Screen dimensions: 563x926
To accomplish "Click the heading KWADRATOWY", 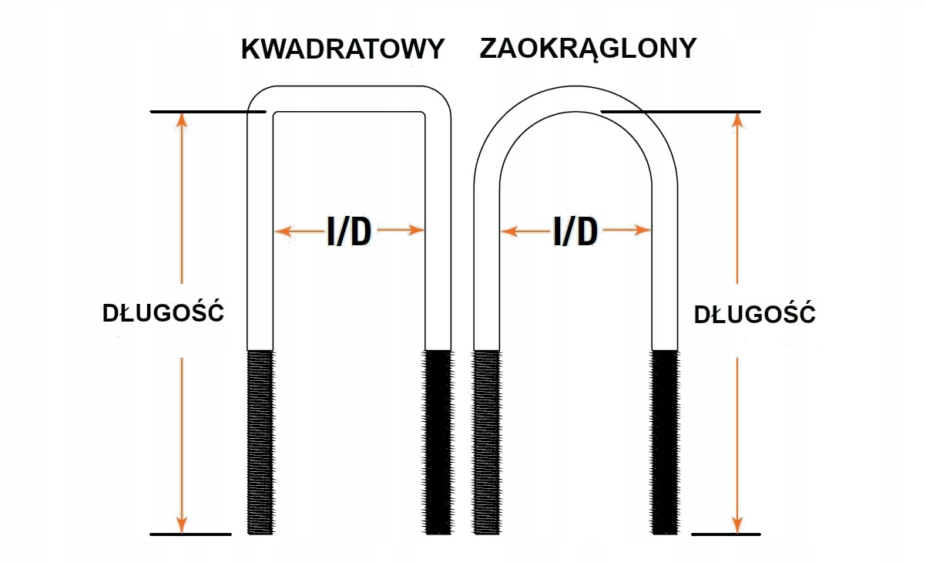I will click(x=343, y=50).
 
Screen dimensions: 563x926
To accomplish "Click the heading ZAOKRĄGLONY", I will click(x=588, y=49).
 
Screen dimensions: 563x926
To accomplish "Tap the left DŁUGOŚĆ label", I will click(x=163, y=314).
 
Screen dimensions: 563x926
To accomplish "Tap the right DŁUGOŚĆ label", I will click(x=755, y=315).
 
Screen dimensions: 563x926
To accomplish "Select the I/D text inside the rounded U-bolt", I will click(x=575, y=231).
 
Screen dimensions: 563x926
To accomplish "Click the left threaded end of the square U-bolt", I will click(x=260, y=442).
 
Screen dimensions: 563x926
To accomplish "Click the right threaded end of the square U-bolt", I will click(x=438, y=442).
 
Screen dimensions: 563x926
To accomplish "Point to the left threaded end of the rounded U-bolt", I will click(x=485, y=442).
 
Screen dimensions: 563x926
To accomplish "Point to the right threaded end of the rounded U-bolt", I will click(x=665, y=442).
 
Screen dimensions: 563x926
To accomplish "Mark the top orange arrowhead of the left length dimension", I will click(x=182, y=120).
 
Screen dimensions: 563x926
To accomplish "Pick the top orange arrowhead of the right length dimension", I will click(x=737, y=120).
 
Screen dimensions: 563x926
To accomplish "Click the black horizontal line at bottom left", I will click(x=190, y=534).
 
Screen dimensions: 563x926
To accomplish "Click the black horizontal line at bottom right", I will click(x=726, y=534).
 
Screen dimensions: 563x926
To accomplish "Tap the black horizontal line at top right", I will click(x=682, y=112).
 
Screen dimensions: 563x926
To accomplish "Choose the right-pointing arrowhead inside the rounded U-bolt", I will click(x=644, y=231).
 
